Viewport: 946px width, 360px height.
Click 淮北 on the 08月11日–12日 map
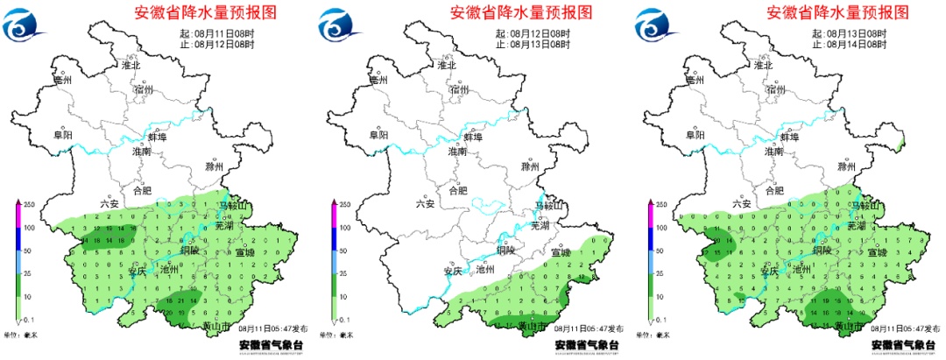tap(131, 65)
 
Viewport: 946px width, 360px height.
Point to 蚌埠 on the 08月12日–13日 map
tap(472, 138)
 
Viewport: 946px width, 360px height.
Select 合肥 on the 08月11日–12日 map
tap(141, 189)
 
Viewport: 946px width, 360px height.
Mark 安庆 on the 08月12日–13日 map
tap(453, 271)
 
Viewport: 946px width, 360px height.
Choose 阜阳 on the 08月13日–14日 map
tap(694, 136)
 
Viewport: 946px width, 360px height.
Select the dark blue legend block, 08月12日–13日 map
tap(332, 240)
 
